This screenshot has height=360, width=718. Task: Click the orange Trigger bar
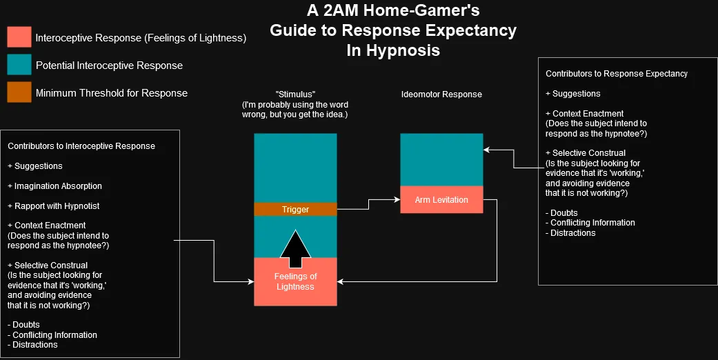(x=295, y=209)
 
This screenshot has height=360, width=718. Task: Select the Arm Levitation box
(x=441, y=200)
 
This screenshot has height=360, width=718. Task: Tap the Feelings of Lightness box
(x=295, y=281)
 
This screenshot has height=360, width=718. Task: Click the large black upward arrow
(x=296, y=249)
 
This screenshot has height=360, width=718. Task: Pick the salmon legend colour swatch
(x=19, y=38)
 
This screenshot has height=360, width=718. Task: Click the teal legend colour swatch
(x=19, y=66)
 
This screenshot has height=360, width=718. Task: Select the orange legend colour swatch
(x=19, y=92)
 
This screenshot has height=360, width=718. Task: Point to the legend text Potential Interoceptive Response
(x=109, y=66)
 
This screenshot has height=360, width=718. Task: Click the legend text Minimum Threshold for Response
(x=111, y=93)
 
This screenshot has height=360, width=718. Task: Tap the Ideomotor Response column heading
(x=441, y=94)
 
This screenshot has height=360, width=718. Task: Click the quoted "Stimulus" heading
(x=295, y=94)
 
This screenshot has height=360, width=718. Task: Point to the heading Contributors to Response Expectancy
(x=617, y=73)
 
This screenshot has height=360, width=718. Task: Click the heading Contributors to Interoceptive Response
(x=81, y=146)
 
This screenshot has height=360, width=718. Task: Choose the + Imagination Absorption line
(x=54, y=186)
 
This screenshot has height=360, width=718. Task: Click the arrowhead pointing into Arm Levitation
(x=397, y=199)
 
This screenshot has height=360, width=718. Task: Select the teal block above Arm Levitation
(x=441, y=159)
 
